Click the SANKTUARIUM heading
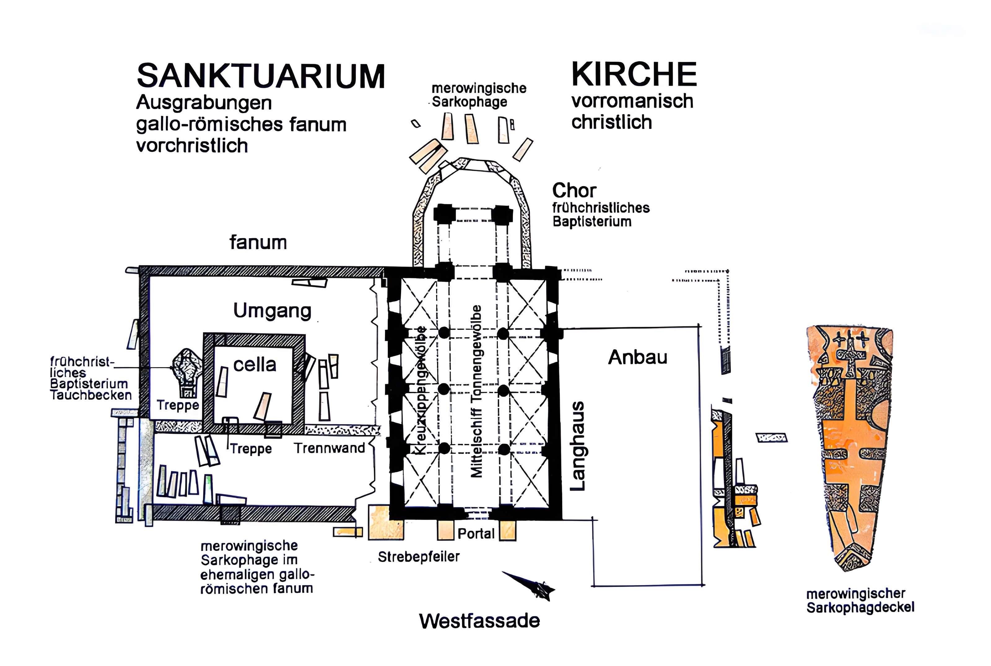point(260,77)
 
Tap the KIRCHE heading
point(634,74)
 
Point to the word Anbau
point(637,357)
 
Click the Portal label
point(476,534)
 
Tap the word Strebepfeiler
point(419,557)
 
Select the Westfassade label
point(479,621)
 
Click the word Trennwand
point(330,448)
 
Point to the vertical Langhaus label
point(577,446)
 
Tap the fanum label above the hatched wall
point(258,242)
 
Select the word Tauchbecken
point(91,395)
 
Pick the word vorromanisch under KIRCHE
point(632,101)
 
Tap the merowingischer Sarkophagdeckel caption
point(860,601)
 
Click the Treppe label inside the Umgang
point(178,405)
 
